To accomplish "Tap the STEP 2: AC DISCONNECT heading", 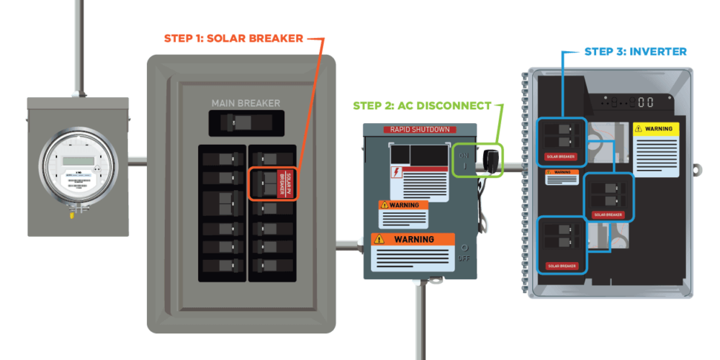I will click(x=423, y=105).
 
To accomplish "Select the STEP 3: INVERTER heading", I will click(x=634, y=51).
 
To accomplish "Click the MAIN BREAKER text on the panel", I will click(x=245, y=103).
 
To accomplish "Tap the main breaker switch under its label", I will click(x=245, y=125).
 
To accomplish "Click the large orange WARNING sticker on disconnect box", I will click(x=413, y=239).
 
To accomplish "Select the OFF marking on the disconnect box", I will click(x=464, y=258).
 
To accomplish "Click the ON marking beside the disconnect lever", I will click(x=463, y=155).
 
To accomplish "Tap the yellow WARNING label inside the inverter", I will click(x=656, y=130).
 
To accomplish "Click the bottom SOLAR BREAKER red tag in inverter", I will click(x=562, y=266).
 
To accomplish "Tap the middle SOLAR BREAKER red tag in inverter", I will click(x=608, y=214).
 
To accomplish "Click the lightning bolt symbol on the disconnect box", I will click(x=395, y=172).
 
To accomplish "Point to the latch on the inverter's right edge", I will click(x=696, y=170).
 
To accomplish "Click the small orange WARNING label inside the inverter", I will click(x=560, y=172).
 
